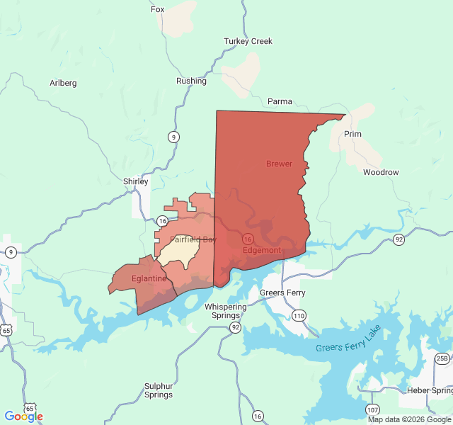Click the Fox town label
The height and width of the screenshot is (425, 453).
157,9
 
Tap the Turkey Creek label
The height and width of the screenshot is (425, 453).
248,41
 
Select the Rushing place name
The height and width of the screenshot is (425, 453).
191,81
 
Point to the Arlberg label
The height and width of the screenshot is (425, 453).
63,83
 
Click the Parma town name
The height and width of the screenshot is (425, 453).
280,101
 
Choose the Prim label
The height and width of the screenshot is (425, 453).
352,134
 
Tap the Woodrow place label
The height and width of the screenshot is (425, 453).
381,172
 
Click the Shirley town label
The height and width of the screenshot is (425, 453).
136,181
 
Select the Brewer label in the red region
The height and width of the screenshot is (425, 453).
279,164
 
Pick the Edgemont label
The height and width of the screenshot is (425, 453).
262,250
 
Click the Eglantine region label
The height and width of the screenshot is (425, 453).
149,278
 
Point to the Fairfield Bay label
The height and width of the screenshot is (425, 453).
193,239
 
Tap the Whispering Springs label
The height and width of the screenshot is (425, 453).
226,311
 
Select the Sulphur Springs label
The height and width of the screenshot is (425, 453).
159,390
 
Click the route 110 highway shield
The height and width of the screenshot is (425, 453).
299,315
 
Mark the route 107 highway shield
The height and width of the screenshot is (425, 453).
372,409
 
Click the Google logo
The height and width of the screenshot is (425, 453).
23,416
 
